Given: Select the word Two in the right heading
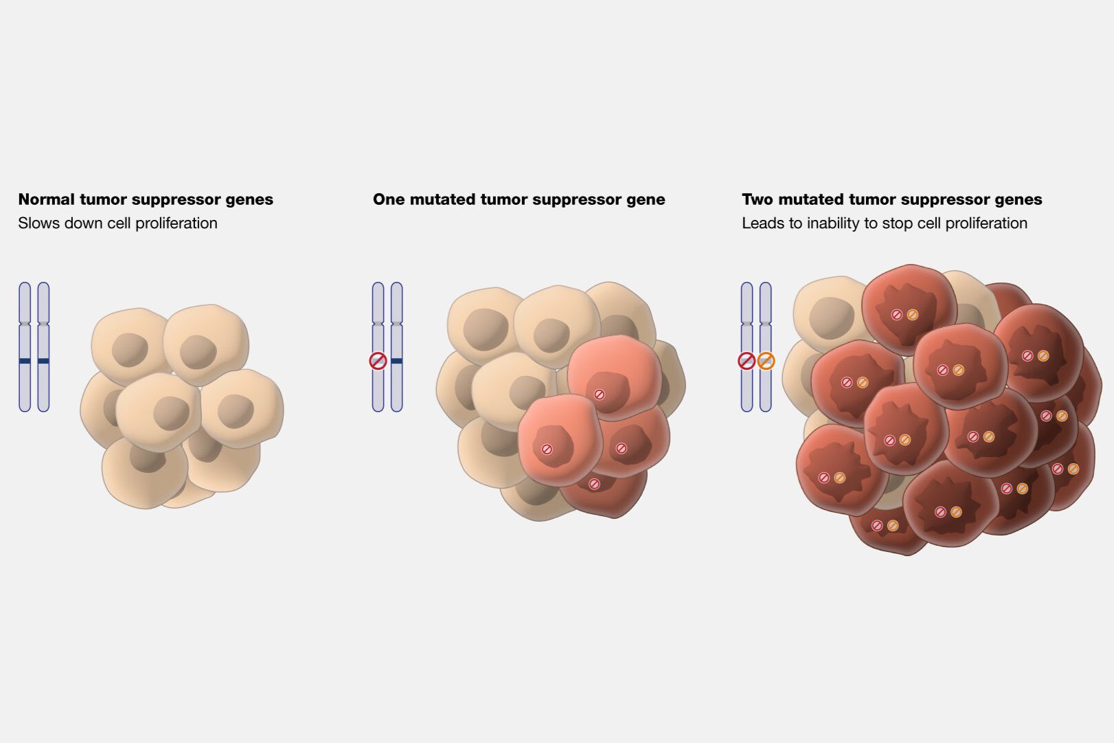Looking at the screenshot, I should [758, 200].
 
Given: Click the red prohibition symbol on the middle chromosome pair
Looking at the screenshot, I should [378, 361].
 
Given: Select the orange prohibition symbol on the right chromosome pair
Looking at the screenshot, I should [766, 361].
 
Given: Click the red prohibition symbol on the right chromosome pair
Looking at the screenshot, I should [747, 361].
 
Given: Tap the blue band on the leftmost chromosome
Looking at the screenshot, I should [25, 361].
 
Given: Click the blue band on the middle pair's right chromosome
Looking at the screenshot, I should [397, 361].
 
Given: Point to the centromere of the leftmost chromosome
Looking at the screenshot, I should [25, 323].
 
